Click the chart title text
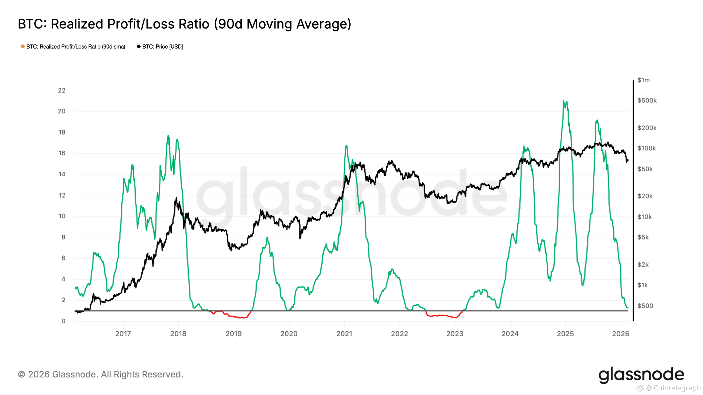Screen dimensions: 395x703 pos(184,24)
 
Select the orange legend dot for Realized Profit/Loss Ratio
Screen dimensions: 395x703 pos(23,47)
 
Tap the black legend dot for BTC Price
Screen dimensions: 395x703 pos(139,47)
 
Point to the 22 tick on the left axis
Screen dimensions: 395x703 pos(62,90)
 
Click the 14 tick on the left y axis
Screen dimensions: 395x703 pos(62,174)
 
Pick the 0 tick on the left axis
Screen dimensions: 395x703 pos(63,321)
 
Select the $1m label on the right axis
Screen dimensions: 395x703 pos(644,80)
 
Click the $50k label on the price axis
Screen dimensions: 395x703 pos(645,169)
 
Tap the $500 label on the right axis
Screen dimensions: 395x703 pos(645,306)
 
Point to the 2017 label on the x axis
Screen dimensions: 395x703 pos(123,334)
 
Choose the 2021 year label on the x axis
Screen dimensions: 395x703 pos(344,334)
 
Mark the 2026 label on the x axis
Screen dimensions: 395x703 pos(620,334)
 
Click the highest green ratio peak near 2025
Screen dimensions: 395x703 pos(564,101)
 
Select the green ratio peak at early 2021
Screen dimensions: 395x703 pos(347,145)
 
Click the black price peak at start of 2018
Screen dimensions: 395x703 pos(176,198)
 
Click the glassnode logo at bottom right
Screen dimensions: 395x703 pos(641,375)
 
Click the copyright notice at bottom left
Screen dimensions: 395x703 pos(100,375)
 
